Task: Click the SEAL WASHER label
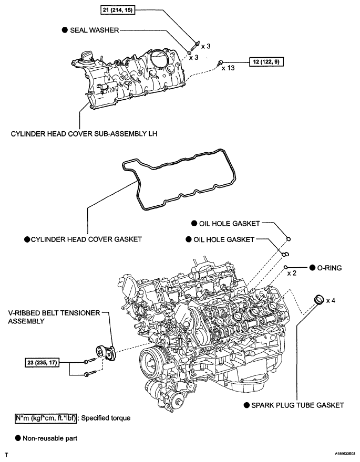click(x=95, y=31)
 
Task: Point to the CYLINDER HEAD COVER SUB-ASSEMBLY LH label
click(x=84, y=133)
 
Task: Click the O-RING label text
click(x=330, y=268)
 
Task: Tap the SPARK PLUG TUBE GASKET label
click(x=297, y=405)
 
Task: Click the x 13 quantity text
click(x=228, y=68)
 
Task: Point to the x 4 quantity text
click(x=331, y=300)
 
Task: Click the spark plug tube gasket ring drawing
click(x=317, y=300)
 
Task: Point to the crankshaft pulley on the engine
click(x=153, y=362)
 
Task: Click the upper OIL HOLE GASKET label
click(x=230, y=223)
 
